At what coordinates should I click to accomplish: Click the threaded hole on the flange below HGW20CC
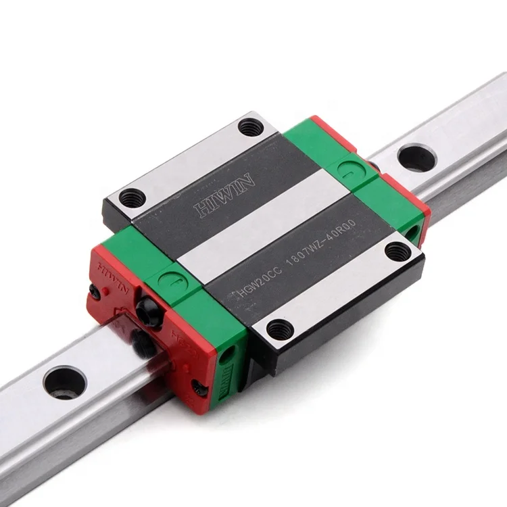pyautogui.click(x=276, y=330)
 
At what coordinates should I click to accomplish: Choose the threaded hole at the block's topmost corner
pyautogui.click(x=251, y=126)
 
